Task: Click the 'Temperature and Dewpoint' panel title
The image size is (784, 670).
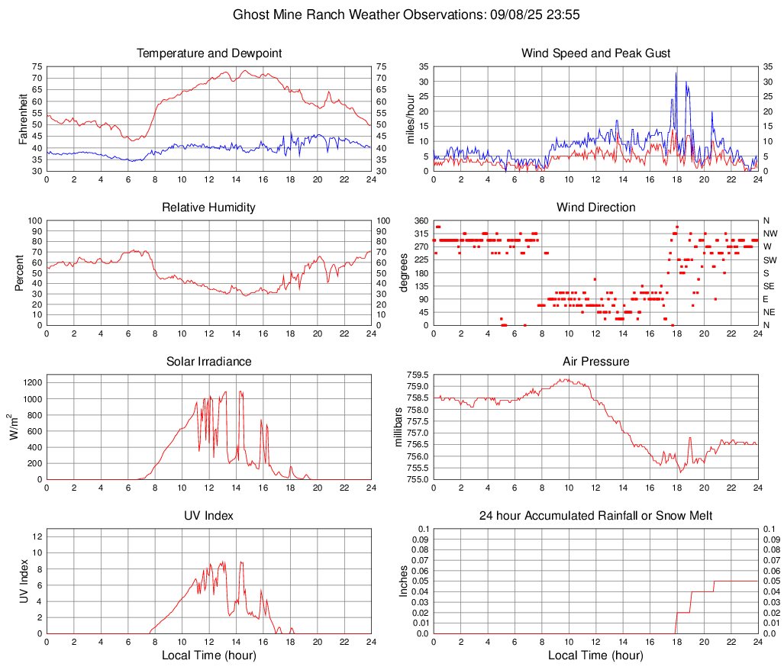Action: pos(209,53)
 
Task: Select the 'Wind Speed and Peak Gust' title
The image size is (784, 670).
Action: pos(595,53)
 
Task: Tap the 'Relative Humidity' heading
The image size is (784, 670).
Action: pos(209,208)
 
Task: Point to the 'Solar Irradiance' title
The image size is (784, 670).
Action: pos(209,362)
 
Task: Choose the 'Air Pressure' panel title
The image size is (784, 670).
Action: pos(595,362)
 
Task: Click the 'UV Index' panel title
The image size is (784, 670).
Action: pos(209,516)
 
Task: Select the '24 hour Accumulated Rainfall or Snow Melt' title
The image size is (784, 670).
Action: pos(595,516)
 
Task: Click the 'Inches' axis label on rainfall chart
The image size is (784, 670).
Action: pos(404,581)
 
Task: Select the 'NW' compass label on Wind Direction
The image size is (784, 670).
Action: pos(769,234)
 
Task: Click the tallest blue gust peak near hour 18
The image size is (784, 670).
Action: pos(676,73)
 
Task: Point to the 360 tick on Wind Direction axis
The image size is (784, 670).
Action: pos(420,221)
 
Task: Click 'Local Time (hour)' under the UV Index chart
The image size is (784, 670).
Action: pos(209,655)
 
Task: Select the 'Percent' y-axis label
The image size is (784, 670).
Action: pos(21,272)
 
